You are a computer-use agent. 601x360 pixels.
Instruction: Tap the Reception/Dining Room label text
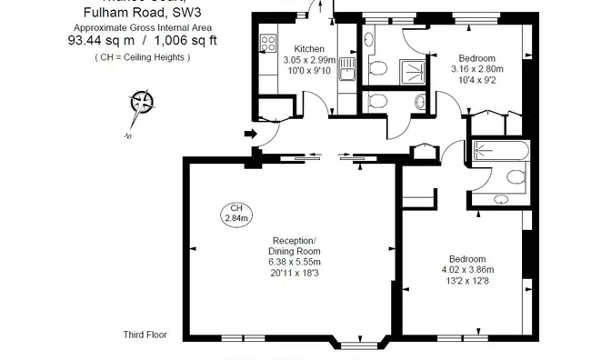[295, 245]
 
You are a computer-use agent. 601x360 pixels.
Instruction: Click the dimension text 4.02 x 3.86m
[467, 269]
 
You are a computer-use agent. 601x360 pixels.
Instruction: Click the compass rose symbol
[141, 103]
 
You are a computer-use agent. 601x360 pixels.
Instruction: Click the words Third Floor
[145, 335]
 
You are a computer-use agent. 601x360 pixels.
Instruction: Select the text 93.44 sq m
[98, 41]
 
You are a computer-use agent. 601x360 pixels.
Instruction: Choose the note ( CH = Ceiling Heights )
[142, 57]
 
